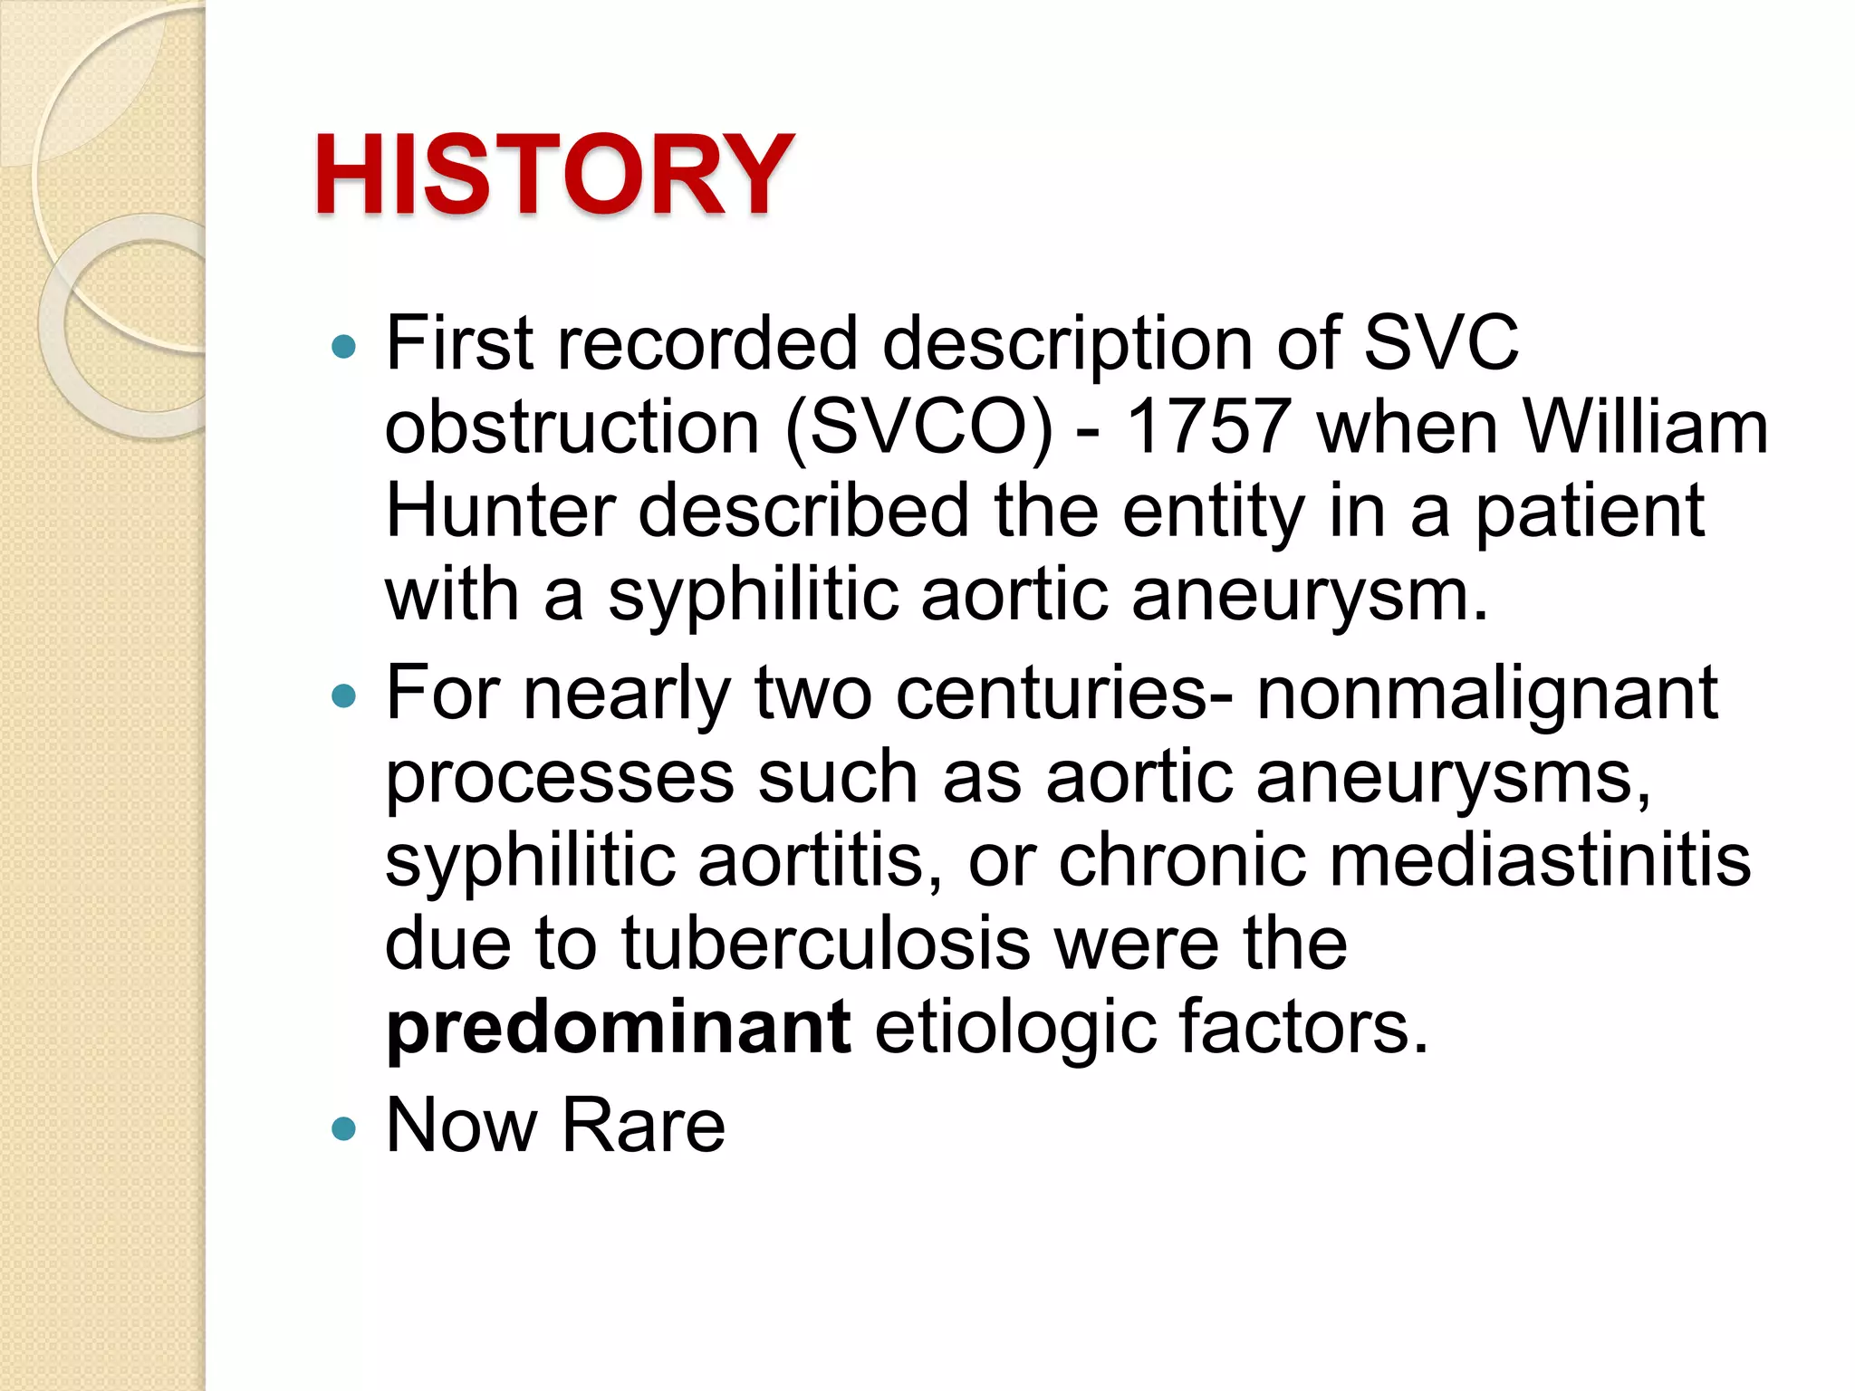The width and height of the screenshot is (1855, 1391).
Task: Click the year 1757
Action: pyautogui.click(x=1208, y=427)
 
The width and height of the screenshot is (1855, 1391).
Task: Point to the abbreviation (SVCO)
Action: pyautogui.click(x=919, y=427)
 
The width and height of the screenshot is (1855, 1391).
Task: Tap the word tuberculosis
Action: pyautogui.click(x=825, y=944)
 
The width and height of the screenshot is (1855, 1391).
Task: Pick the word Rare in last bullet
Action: pyautogui.click(x=643, y=1126)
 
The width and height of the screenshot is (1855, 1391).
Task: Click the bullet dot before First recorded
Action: pyautogui.click(x=344, y=346)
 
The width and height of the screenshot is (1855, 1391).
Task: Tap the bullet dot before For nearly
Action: pyautogui.click(x=344, y=696)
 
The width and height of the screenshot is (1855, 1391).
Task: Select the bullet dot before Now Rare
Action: pyautogui.click(x=344, y=1128)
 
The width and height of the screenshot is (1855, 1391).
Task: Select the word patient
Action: pyautogui.click(x=1591, y=511)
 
